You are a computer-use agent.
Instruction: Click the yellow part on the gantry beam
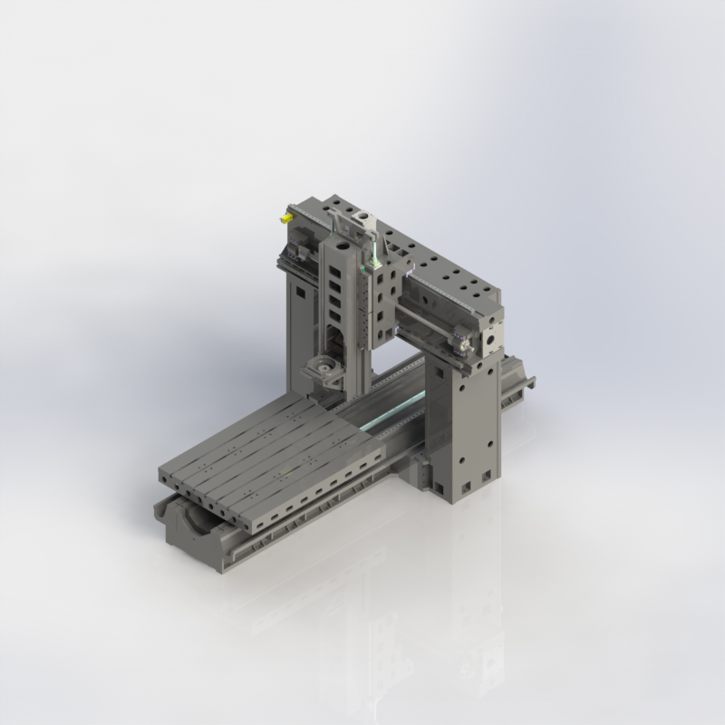(287, 217)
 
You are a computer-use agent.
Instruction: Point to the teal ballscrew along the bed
(390, 417)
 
